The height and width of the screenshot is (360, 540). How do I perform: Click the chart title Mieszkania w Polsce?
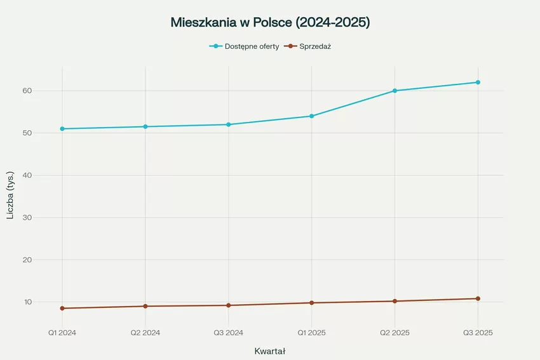(x=270, y=22)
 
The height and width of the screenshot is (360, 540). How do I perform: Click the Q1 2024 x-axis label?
(x=62, y=332)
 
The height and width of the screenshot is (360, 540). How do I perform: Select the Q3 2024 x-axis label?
(x=229, y=332)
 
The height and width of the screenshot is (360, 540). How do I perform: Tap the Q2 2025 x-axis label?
(x=395, y=332)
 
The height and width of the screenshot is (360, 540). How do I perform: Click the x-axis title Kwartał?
(x=270, y=351)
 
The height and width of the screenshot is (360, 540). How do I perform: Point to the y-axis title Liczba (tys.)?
(x=10, y=196)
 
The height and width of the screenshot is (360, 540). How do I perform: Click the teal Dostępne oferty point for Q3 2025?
(x=478, y=83)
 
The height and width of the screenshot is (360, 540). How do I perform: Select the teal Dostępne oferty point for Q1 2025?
(x=311, y=116)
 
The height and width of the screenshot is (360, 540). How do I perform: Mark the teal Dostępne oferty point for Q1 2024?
(x=62, y=129)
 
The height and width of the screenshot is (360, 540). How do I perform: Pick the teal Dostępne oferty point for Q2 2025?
(x=395, y=91)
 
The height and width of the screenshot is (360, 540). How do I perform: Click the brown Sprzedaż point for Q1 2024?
(x=62, y=309)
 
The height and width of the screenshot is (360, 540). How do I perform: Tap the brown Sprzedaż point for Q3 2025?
(x=478, y=298)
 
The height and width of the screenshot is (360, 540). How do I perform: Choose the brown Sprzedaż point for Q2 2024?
(x=145, y=306)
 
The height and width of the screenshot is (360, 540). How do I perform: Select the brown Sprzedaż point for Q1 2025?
(x=311, y=303)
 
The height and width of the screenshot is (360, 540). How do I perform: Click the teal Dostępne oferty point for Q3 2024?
(x=229, y=124)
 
